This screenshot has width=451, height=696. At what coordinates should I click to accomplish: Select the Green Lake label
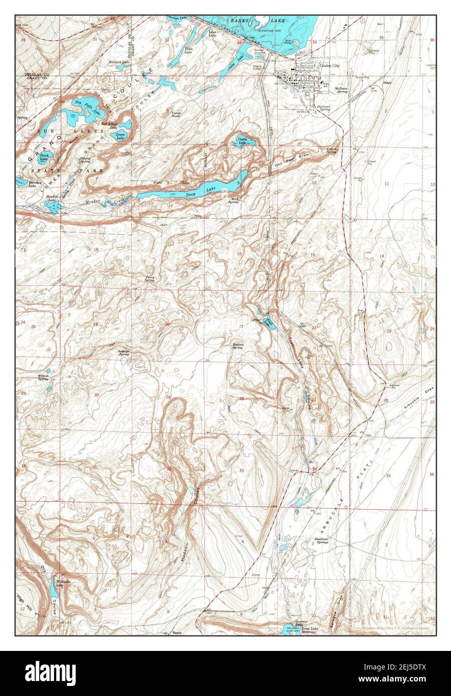(120, 135)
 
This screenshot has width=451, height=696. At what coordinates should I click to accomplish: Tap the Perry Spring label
(149, 278)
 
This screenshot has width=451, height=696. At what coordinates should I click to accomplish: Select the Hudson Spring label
(238, 345)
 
